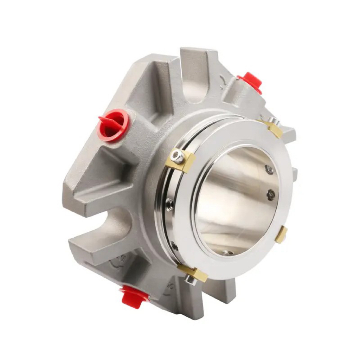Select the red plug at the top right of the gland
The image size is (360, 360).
tap(250, 83)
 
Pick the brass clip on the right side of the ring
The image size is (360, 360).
tap(281, 235)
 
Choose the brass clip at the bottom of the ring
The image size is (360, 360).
tap(193, 273)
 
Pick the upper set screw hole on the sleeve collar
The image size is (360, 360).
tap(169, 202)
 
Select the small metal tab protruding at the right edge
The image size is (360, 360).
tap(295, 174)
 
